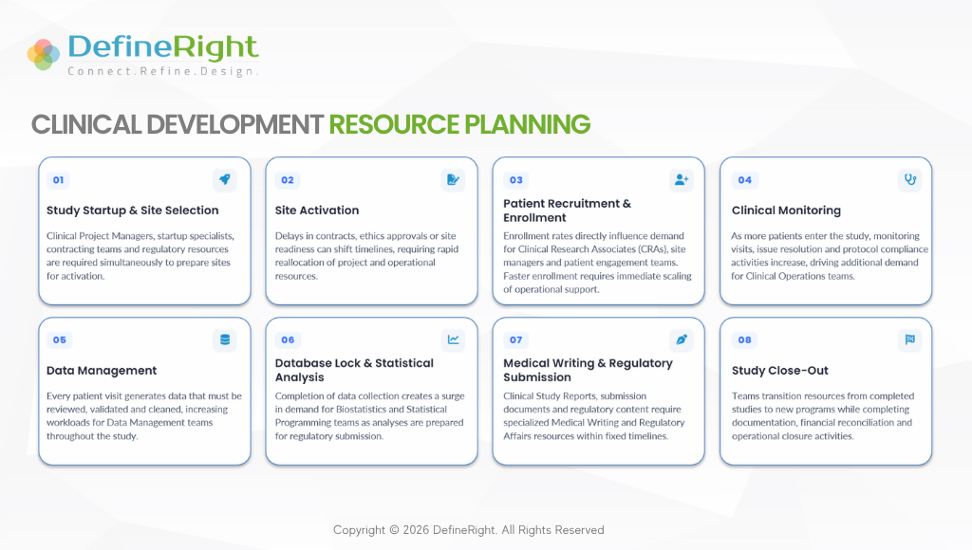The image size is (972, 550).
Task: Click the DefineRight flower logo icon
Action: tap(44, 54)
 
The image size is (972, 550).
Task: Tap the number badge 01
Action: tap(58, 180)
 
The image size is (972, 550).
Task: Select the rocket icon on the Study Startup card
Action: tap(224, 179)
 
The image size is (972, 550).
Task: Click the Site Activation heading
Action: tap(317, 211)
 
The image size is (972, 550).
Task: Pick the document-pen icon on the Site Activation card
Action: tap(453, 179)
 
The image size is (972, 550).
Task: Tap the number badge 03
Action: tap(515, 180)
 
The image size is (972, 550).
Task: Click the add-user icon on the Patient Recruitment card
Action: tap(682, 179)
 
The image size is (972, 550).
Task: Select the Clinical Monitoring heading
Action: tap(786, 211)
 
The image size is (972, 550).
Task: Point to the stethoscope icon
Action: tap(910, 179)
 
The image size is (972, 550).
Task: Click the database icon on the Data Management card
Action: tap(224, 339)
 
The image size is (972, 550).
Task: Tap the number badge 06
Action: tap(288, 340)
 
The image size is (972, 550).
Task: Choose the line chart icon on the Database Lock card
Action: tap(453, 339)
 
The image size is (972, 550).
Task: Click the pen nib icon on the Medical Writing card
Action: tap(682, 339)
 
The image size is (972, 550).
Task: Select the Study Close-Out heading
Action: tap(780, 371)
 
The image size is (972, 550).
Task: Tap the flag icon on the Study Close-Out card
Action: tap(910, 339)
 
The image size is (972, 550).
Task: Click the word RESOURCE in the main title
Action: tap(394, 124)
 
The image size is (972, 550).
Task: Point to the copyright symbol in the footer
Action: tap(394, 530)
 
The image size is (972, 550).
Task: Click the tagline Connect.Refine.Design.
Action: tap(162, 71)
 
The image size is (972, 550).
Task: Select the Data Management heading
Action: tap(102, 371)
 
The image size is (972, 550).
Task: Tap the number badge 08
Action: tap(744, 340)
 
